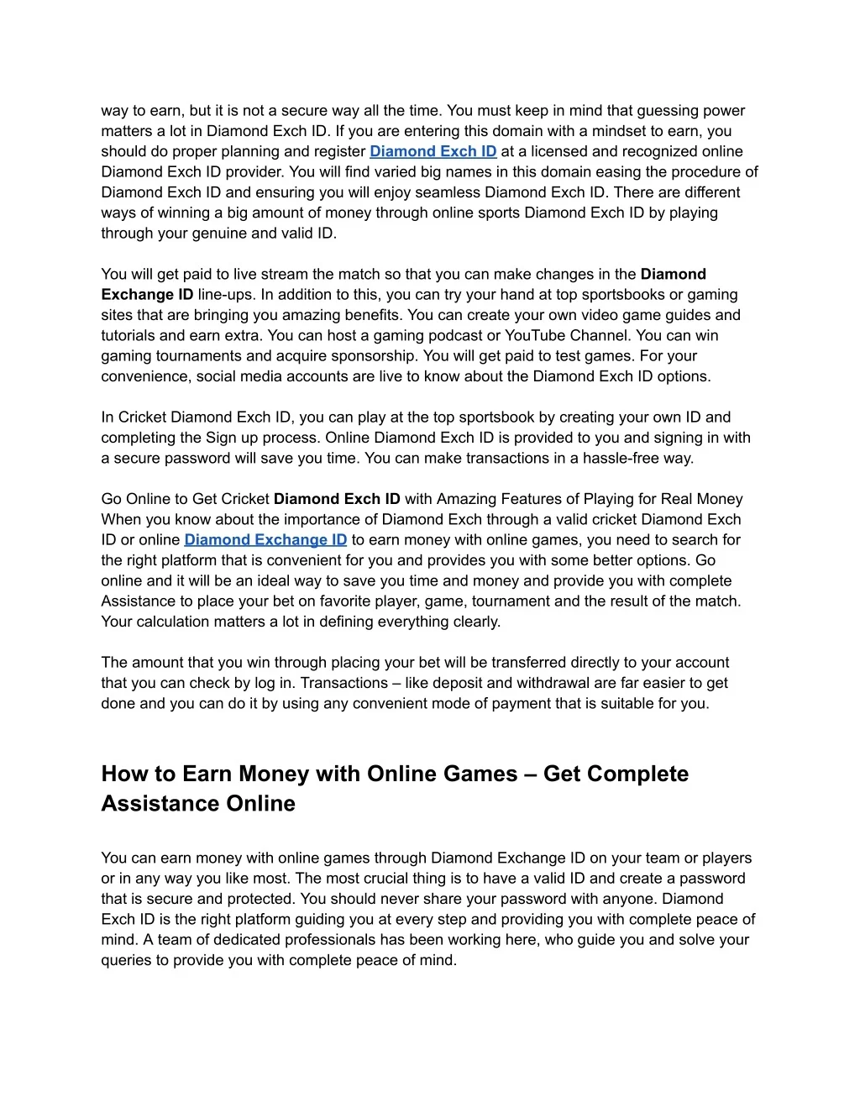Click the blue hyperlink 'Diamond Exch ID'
click(433, 151)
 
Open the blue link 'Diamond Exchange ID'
click(265, 539)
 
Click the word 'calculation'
click(174, 622)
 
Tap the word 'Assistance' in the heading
click(150, 803)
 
